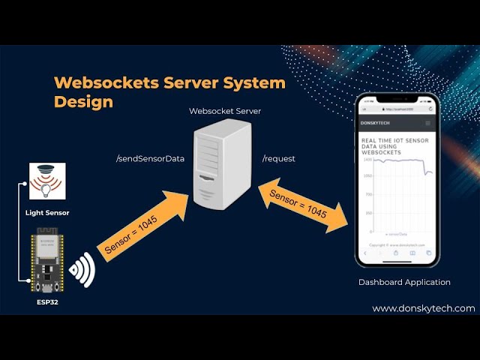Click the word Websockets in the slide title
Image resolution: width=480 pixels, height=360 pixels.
(101, 82)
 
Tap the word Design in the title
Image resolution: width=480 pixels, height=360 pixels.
(83, 102)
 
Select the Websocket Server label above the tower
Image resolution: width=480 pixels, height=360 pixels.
(225, 111)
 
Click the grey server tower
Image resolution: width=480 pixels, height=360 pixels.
(220, 166)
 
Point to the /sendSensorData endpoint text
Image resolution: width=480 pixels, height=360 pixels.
(150, 159)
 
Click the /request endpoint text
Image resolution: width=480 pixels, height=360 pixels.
(278, 159)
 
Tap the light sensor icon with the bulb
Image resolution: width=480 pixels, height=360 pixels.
(46, 181)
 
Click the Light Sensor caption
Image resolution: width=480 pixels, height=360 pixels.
(46, 213)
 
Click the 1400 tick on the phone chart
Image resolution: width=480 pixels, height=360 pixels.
(367, 159)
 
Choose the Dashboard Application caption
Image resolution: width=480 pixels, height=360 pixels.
(404, 282)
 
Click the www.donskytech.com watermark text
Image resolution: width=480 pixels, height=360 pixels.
(423, 308)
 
